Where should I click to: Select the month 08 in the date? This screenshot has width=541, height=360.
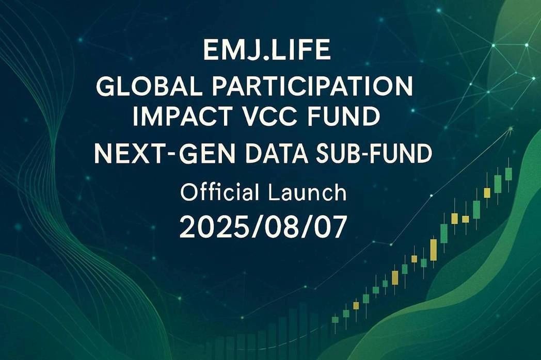(272, 227)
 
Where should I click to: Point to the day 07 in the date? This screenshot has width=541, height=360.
(326, 227)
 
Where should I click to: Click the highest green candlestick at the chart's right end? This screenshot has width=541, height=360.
(508, 173)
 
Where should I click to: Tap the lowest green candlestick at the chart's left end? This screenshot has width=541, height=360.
(335, 320)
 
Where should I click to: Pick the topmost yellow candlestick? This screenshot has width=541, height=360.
(487, 193)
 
